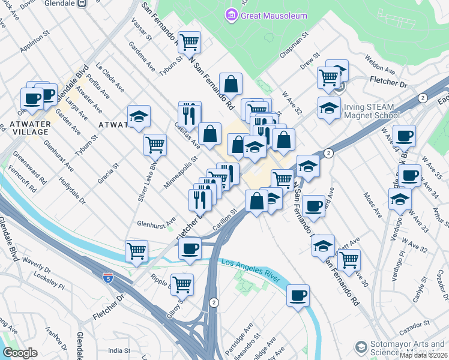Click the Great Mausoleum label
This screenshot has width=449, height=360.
pyautogui.click(x=274, y=16)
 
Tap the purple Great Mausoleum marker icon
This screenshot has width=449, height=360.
pyautogui.click(x=231, y=15)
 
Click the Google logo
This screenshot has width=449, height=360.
pyautogui.click(x=20, y=353)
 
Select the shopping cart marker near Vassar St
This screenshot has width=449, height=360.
pyautogui.click(x=189, y=42)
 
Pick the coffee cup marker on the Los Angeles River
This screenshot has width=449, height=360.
pyautogui.click(x=298, y=295)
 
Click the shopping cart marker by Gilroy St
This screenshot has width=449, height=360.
pyautogui.click(x=182, y=284)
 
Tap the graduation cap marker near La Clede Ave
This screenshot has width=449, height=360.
pyautogui.click(x=139, y=116)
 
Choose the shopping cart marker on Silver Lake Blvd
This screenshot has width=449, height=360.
pyautogui.click(x=155, y=144)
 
